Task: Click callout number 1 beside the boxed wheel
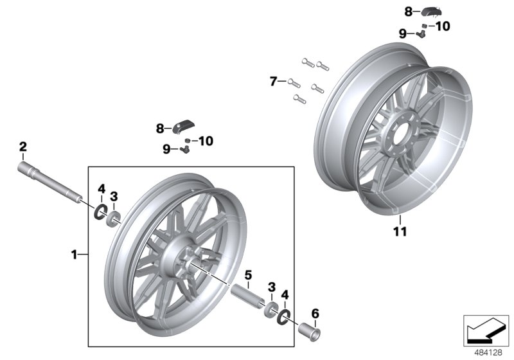[x=74, y=255]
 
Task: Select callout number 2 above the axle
[x=22, y=147]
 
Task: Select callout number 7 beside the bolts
[x=273, y=82]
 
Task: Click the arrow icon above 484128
[x=486, y=328]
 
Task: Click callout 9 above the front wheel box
[x=166, y=149]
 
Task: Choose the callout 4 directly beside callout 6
[x=285, y=294]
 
